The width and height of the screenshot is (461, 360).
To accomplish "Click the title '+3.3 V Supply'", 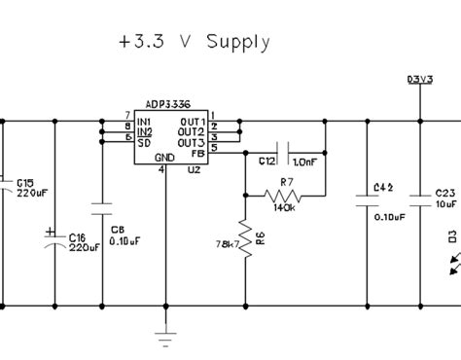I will (191, 43).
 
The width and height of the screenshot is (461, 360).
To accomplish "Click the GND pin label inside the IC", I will (164, 157).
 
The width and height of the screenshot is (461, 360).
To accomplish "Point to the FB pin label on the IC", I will (198, 152).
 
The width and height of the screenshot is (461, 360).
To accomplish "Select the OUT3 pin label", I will (192, 141).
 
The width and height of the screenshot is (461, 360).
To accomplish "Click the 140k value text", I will (285, 207).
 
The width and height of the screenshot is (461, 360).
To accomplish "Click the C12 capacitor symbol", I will (279, 151).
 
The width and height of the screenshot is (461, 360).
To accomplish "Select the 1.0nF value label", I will (305, 161).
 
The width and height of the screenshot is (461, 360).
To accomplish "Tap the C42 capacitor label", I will (383, 186).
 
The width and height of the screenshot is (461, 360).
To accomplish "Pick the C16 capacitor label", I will (79, 236).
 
